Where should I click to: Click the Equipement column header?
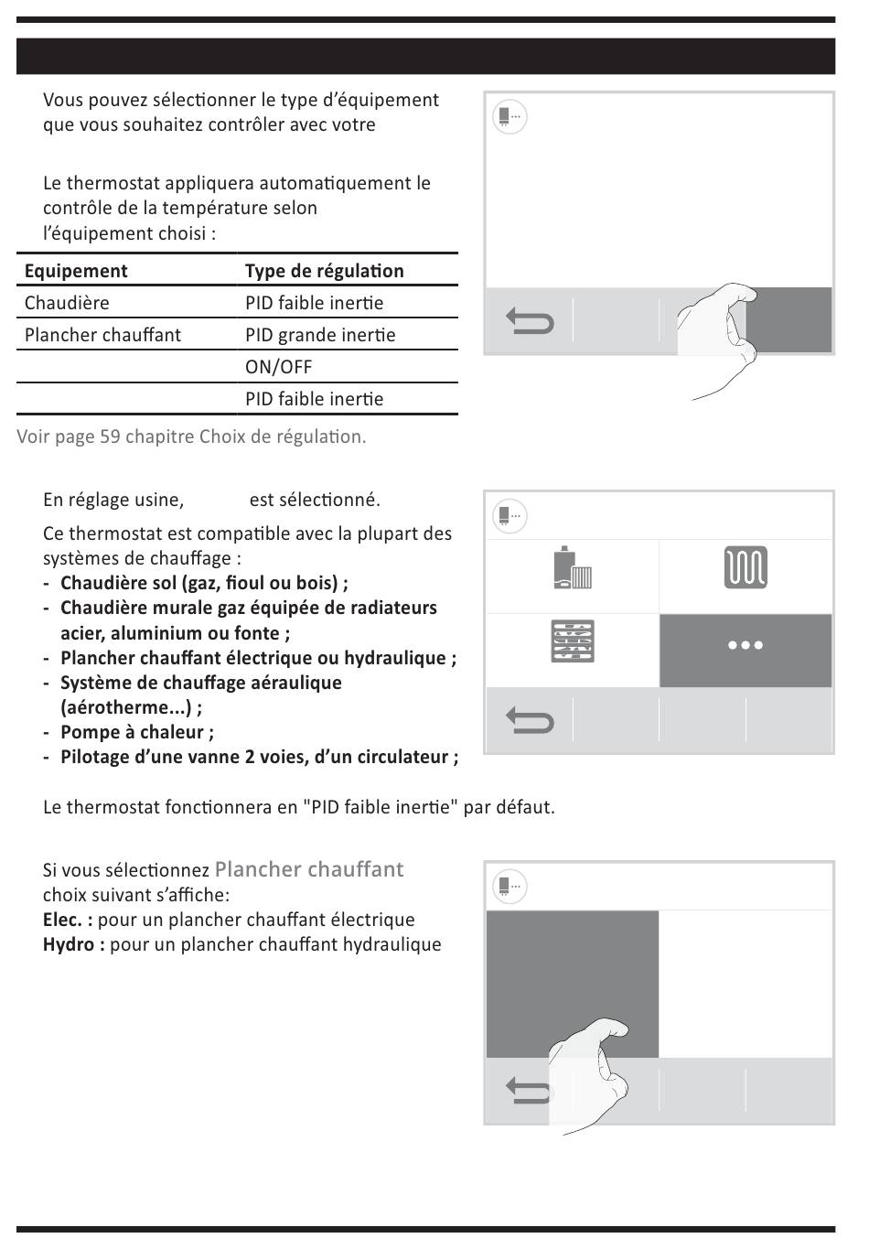click(x=76, y=271)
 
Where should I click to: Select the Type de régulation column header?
click(x=324, y=271)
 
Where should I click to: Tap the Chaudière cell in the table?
click(x=67, y=303)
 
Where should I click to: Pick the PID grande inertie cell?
click(x=320, y=335)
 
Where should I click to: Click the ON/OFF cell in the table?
click(x=278, y=367)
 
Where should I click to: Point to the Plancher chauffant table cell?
click(x=102, y=335)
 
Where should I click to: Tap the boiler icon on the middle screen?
click(x=573, y=567)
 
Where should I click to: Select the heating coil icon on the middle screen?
click(x=746, y=567)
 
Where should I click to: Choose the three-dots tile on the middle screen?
click(x=746, y=645)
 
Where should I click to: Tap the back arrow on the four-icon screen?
click(x=530, y=722)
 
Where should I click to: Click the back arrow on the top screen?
click(x=530, y=322)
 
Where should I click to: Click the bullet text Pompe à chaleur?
click(x=135, y=732)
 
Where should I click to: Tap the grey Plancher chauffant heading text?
click(x=308, y=869)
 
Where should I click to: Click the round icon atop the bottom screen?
click(x=510, y=886)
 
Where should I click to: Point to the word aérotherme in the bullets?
click(x=128, y=707)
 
